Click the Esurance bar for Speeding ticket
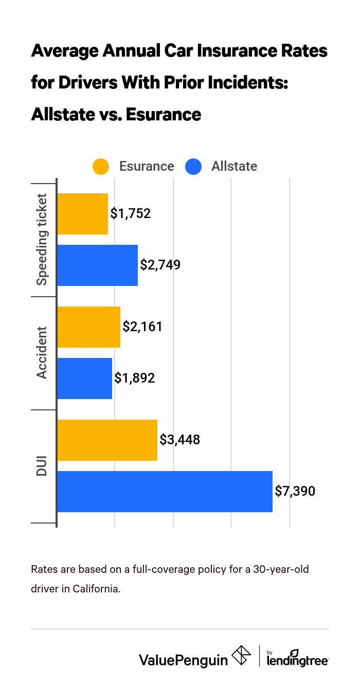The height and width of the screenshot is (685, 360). [x=83, y=214]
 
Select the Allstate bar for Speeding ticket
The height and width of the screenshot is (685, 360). [x=98, y=265]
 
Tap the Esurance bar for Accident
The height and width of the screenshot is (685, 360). [x=89, y=327]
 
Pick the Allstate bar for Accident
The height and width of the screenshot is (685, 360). [x=85, y=378]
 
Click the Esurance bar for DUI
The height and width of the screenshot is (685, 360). [x=107, y=440]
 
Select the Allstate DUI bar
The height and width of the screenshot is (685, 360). [x=165, y=492]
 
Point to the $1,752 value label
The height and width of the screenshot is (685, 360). [x=131, y=214]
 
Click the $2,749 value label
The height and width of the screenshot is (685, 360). [x=160, y=265]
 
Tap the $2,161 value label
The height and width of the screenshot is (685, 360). [x=142, y=327]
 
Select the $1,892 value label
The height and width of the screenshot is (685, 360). [x=134, y=378]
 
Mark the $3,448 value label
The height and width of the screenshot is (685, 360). [x=179, y=440]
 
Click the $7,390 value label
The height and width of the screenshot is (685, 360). [x=295, y=492]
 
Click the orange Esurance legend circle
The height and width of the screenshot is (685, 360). [x=101, y=167]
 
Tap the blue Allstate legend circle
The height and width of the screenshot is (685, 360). [x=193, y=167]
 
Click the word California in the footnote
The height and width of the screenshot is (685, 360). [x=96, y=589]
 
